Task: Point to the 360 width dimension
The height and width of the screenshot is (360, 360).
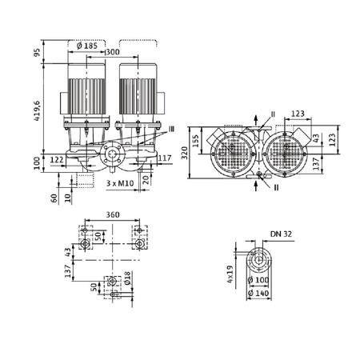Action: [112, 215]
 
